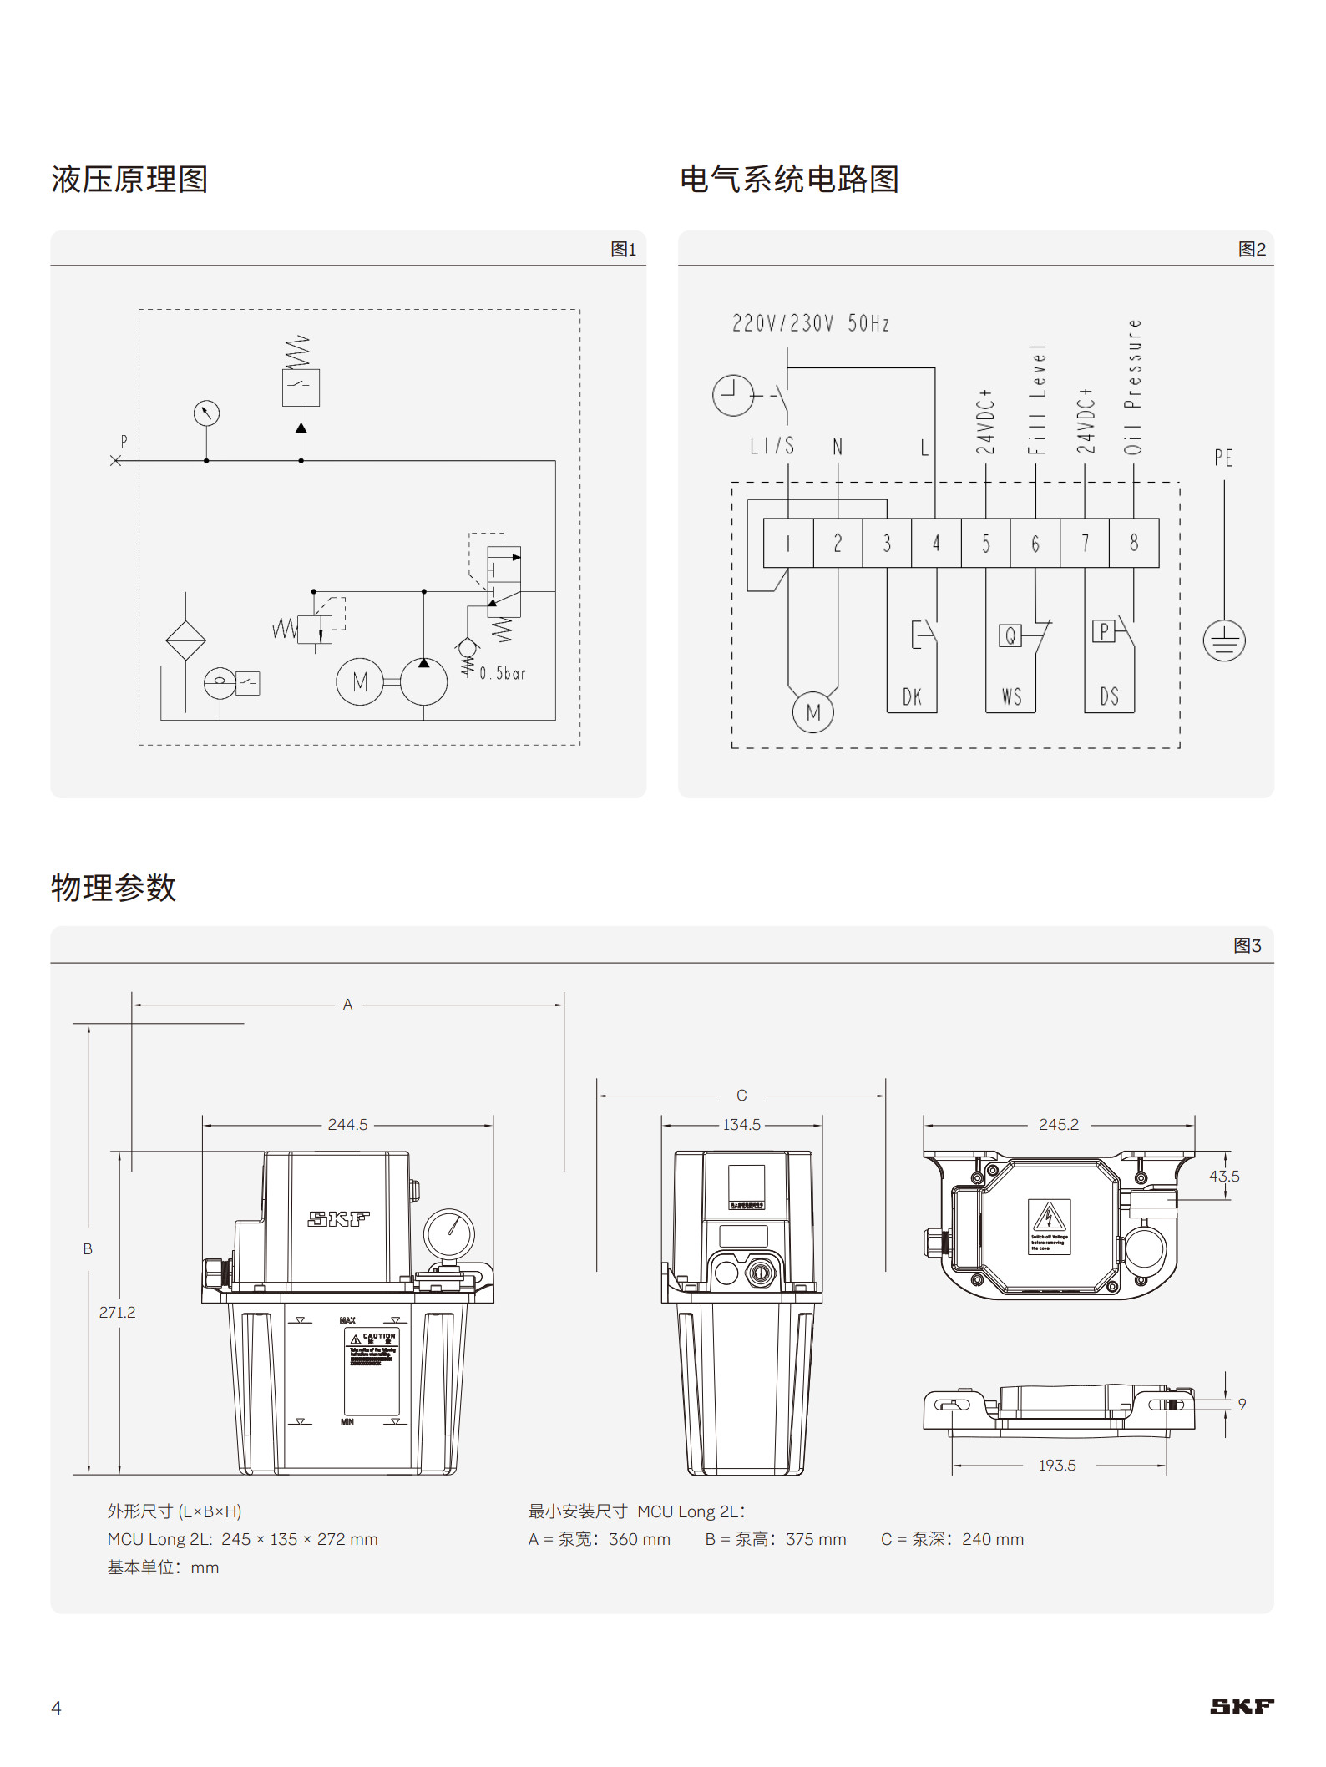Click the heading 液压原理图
coord(129,180)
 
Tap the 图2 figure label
coord(1251,249)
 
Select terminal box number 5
coord(985,544)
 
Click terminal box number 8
coord(1134,544)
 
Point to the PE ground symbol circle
coord(1223,641)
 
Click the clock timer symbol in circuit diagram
coord(732,395)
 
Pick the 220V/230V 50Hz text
coord(810,323)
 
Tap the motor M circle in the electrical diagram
coord(812,712)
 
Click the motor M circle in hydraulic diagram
coord(359,681)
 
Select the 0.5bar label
coord(503,673)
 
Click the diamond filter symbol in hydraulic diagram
coord(185,640)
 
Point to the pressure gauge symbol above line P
coord(206,413)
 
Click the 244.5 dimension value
coord(347,1125)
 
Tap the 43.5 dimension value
coord(1223,1176)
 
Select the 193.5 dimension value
coord(1056,1465)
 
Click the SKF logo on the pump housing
coord(338,1219)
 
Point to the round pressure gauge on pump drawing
coord(449,1233)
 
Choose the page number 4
coord(56,1708)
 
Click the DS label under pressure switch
coord(1109,696)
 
